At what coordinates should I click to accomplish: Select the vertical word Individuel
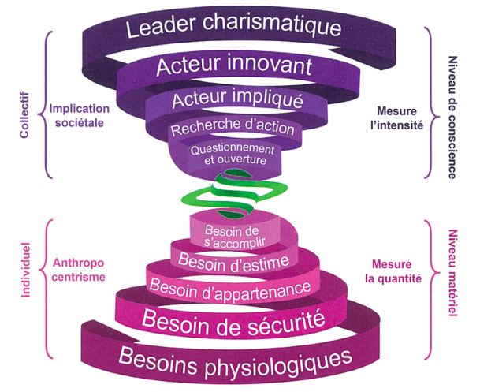24,268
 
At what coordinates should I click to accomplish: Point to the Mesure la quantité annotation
395,271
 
